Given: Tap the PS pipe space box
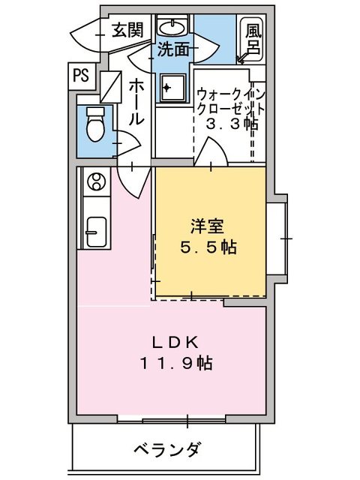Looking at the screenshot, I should coord(81,75).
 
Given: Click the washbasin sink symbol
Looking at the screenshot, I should coord(173,28).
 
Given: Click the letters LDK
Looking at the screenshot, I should coord(176,343).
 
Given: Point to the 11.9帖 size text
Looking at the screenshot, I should coord(175,364).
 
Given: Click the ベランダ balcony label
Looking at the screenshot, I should coord(166,450).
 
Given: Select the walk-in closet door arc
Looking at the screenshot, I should coord(208,154).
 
